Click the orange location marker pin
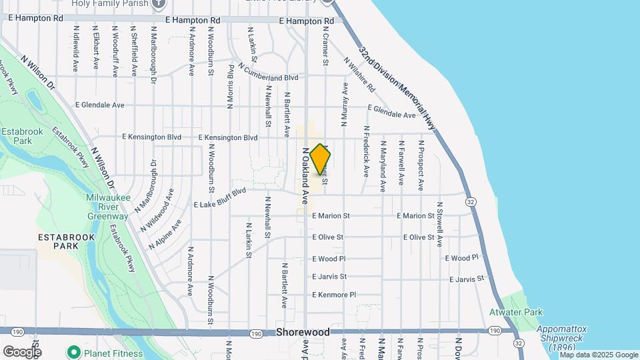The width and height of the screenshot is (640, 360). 320,159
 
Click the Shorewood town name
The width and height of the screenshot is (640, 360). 303,332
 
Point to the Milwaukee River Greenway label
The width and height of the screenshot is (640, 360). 107,207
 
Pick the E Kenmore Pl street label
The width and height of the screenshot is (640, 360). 334,295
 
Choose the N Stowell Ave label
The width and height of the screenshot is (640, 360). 439,227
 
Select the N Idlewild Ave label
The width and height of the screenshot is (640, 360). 77,49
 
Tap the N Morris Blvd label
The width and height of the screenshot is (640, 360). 231,87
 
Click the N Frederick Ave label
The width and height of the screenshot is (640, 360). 365,152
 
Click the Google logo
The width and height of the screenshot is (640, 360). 22,352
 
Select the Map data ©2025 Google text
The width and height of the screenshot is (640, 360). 598,355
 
